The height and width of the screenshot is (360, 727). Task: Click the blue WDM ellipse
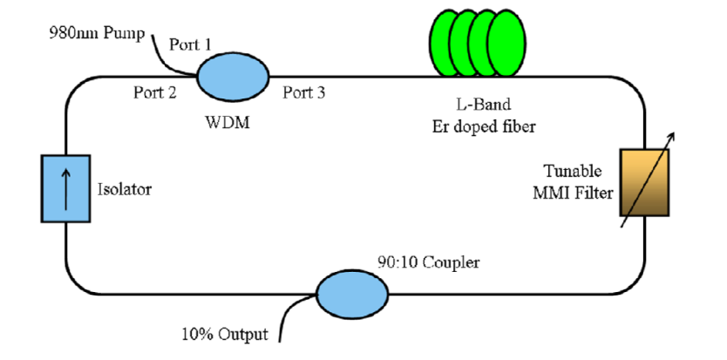pos(234,78)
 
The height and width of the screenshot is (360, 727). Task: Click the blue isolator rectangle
pos(65,188)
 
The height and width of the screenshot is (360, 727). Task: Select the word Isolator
pos(124,188)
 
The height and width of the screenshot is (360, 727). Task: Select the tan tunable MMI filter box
pos(644,182)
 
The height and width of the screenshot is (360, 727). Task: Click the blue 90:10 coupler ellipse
pos(352,294)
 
